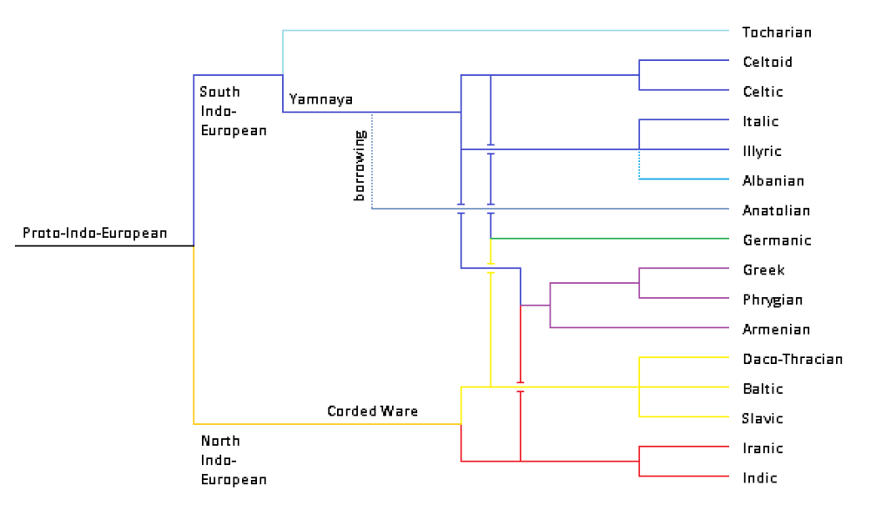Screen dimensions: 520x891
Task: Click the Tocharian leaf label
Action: click(x=776, y=32)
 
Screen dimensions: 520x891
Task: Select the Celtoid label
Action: click(x=767, y=62)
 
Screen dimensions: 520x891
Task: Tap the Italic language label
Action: click(x=760, y=121)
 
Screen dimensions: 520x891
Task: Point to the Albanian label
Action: click(x=773, y=181)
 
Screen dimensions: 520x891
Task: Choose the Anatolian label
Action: click(x=776, y=211)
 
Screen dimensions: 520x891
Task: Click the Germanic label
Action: click(x=776, y=240)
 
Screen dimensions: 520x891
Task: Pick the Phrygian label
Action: click(x=773, y=300)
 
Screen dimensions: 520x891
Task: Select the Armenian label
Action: click(x=776, y=329)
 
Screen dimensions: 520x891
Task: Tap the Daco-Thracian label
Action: click(x=793, y=359)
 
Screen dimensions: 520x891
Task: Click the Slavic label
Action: click(x=763, y=418)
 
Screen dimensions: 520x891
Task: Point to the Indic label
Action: click(x=759, y=477)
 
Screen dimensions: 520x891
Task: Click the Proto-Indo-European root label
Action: click(x=94, y=233)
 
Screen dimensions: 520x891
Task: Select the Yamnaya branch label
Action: click(x=321, y=99)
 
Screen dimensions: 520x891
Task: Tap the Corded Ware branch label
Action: click(x=372, y=410)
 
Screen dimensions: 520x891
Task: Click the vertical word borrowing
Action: click(x=359, y=166)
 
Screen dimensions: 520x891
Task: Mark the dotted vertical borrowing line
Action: click(x=372, y=161)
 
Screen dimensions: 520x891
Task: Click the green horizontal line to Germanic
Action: click(x=610, y=238)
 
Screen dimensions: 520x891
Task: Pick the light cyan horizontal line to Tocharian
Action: click(x=505, y=30)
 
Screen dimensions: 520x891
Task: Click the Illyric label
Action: click(x=762, y=152)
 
